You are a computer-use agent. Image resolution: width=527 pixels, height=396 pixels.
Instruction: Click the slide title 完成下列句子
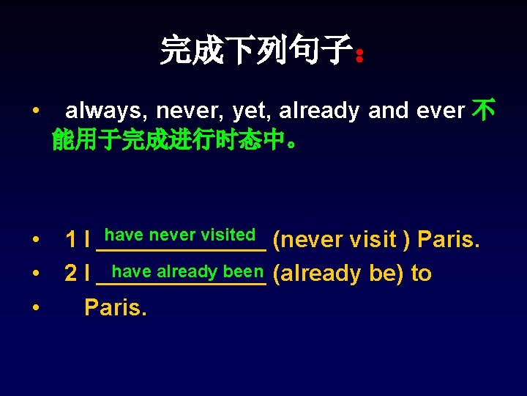click(255, 51)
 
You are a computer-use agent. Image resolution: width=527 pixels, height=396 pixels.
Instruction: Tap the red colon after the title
click(359, 55)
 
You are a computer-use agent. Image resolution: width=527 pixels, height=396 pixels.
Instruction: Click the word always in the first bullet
click(107, 111)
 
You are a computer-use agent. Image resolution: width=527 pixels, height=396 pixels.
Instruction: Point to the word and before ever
click(388, 111)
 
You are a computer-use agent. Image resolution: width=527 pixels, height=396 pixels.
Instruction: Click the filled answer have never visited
click(179, 235)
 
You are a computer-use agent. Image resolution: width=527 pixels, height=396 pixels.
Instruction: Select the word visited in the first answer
click(228, 235)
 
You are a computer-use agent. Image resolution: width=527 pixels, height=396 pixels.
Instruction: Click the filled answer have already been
click(187, 271)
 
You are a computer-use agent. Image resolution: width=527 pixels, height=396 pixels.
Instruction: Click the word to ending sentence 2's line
click(422, 274)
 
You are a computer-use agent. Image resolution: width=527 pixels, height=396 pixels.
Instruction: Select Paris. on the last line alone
click(115, 307)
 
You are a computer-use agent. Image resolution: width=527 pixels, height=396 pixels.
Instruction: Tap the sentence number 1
click(71, 239)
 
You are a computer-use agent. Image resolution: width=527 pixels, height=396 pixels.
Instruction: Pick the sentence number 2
click(71, 274)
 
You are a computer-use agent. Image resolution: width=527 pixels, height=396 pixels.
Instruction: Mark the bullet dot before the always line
click(36, 111)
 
